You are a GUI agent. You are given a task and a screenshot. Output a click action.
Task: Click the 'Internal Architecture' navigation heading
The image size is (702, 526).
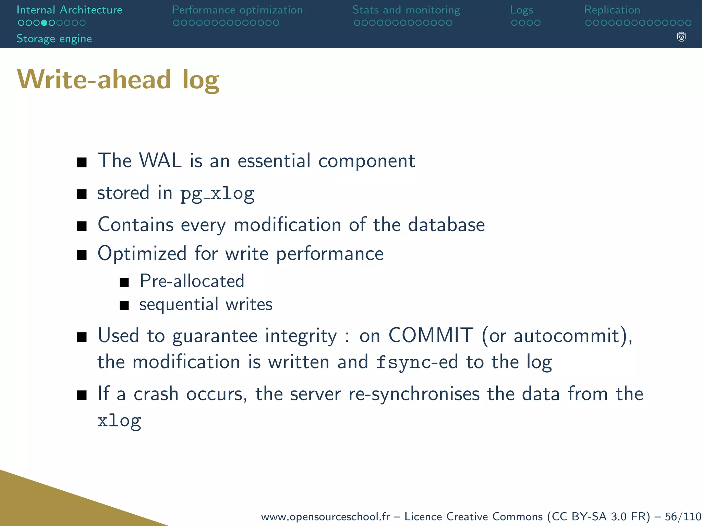69,10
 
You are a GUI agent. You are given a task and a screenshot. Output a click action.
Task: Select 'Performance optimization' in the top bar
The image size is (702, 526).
237,10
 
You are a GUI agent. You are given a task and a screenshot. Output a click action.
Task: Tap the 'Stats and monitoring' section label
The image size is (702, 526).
406,10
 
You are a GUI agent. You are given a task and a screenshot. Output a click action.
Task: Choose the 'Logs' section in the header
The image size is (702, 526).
521,10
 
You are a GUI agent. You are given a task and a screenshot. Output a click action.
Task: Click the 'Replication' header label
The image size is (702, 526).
612,10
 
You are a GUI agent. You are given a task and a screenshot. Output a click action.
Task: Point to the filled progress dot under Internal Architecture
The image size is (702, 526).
44,23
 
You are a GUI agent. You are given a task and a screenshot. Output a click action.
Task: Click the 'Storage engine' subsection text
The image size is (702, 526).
54,39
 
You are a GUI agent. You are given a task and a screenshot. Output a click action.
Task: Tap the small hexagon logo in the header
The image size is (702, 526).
681,37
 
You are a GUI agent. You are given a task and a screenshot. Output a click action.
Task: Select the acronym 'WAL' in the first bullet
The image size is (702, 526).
160,160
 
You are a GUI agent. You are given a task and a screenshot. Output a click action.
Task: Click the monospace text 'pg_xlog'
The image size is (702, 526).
217,194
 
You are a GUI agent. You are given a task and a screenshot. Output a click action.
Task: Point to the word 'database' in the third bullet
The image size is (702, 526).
446,225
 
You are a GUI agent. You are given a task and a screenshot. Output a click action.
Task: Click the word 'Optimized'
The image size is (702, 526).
142,254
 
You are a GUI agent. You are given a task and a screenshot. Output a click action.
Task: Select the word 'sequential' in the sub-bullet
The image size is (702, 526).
179,304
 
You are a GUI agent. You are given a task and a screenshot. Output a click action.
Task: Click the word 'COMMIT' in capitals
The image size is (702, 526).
431,335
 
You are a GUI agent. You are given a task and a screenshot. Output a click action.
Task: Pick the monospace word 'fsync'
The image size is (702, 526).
403,362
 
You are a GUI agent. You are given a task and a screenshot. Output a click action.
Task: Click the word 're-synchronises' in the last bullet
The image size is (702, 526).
414,394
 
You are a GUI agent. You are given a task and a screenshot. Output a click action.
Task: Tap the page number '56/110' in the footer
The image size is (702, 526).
683,516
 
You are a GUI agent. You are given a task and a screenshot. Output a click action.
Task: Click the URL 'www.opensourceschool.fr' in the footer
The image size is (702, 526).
325,516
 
